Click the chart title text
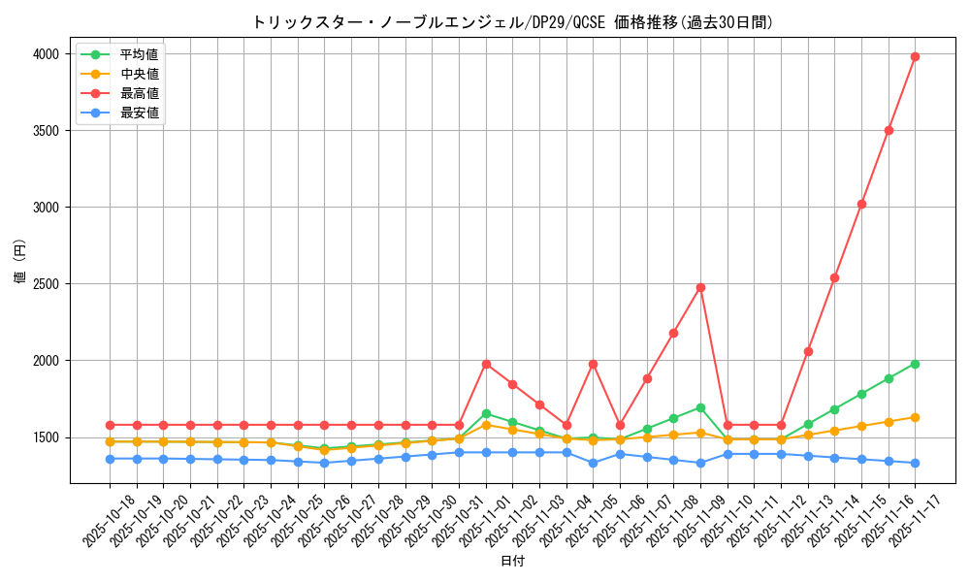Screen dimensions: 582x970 pos(512,21)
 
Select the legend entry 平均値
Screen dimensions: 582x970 pos(139,54)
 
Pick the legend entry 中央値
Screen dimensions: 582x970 pos(139,74)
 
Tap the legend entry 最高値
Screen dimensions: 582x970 pos(139,93)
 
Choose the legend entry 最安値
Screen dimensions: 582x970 pos(139,113)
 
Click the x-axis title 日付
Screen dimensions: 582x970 pos(512,562)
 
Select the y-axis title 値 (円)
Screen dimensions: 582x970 pos(20,263)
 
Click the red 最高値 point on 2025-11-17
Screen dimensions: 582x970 pos(915,56)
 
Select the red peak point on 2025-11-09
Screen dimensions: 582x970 pos(700,287)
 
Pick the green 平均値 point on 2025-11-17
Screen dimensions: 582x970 pos(915,364)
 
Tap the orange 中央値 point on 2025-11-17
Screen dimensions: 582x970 pos(915,417)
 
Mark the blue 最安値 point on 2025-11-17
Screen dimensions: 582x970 pos(915,463)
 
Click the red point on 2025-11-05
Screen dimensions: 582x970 pos(593,364)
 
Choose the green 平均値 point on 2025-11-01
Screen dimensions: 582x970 pos(486,413)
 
